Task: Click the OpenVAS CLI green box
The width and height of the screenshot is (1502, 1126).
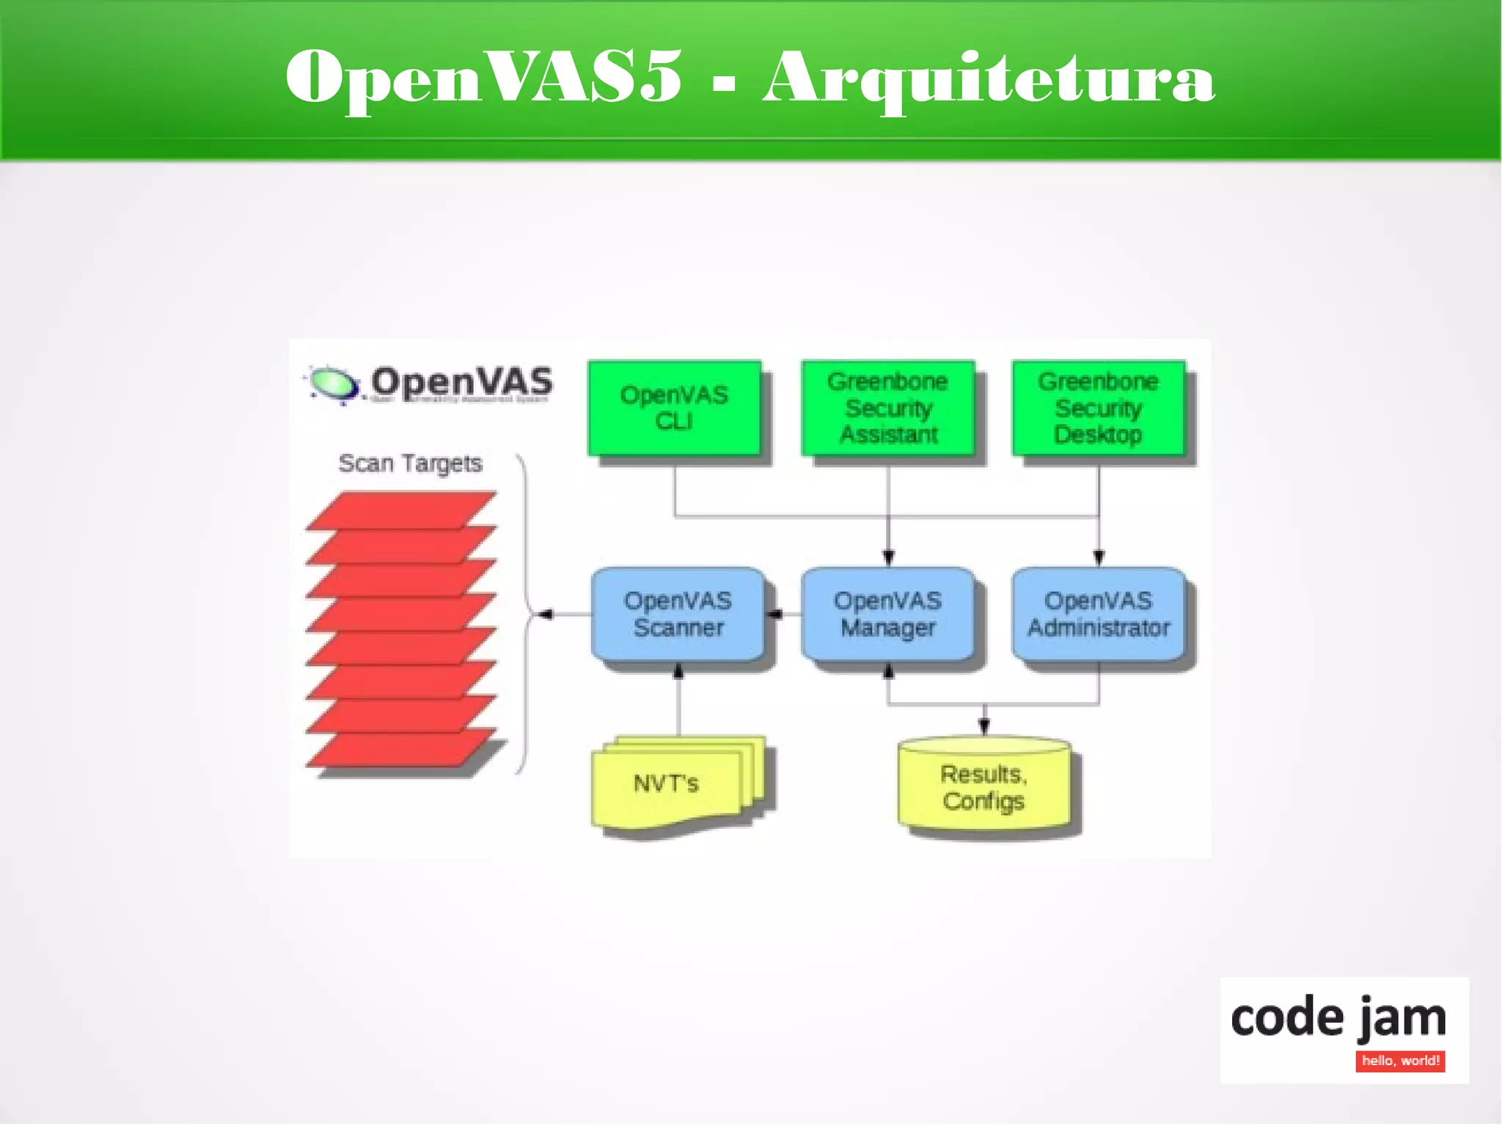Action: click(674, 408)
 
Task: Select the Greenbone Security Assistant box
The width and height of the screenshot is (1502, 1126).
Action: click(888, 408)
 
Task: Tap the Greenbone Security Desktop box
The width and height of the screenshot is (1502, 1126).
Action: click(1098, 408)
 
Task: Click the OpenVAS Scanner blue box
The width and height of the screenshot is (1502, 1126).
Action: click(678, 615)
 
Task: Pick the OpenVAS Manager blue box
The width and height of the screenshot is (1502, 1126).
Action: click(888, 615)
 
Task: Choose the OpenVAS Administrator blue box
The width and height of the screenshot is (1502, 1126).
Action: click(1098, 615)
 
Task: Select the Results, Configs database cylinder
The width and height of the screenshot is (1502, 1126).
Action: click(983, 789)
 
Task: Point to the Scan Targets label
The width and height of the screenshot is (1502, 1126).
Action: click(410, 464)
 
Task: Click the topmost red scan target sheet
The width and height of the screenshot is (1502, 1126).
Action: click(402, 510)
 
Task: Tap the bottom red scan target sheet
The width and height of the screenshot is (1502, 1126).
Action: click(402, 748)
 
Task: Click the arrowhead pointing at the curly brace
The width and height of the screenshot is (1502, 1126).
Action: click(545, 615)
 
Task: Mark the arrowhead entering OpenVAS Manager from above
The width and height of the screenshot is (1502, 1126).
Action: click(888, 558)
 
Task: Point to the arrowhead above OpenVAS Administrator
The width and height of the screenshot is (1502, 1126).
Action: click(1098, 558)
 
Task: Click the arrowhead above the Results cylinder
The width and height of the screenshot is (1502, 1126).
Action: click(984, 726)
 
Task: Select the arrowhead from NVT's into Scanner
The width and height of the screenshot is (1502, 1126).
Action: click(678, 670)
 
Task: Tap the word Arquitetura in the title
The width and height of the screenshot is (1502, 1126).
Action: click(989, 78)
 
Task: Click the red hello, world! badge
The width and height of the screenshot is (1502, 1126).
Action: click(1400, 1061)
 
